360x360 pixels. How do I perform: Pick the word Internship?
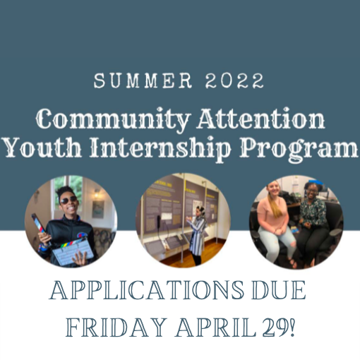tap(169, 150)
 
